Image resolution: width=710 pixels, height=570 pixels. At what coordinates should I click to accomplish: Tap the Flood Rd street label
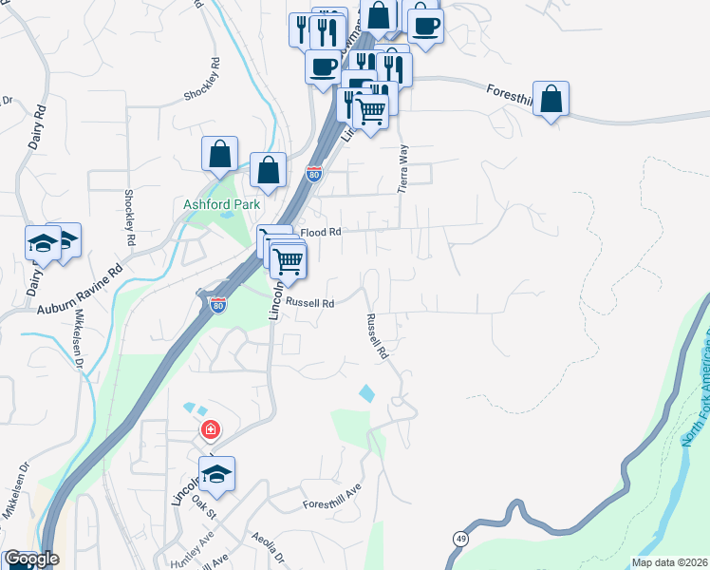tap(320, 232)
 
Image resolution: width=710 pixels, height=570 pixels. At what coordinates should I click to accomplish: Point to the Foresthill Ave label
tap(332, 499)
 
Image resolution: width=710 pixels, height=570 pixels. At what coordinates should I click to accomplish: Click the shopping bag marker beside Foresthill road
tap(551, 99)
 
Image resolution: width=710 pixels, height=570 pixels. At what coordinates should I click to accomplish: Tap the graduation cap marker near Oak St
tap(216, 473)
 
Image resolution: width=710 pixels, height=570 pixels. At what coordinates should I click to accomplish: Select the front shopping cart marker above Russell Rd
tap(288, 258)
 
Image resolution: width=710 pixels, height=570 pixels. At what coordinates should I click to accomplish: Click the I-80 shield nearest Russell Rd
tap(217, 304)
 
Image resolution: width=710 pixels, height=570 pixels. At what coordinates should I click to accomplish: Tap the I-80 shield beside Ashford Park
tap(314, 175)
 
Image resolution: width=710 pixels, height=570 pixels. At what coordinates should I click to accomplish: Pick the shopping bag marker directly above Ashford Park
tap(219, 154)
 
